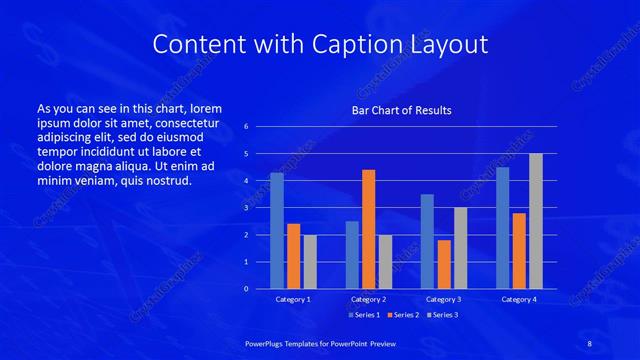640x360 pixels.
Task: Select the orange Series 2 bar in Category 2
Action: [368, 229]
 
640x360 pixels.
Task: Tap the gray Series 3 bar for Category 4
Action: [535, 221]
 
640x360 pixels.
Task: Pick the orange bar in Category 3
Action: [443, 264]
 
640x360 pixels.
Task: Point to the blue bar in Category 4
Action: [502, 228]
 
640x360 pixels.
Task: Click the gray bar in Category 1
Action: [310, 262]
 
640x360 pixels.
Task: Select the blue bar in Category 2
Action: [352, 255]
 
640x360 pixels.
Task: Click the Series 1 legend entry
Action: [363, 315]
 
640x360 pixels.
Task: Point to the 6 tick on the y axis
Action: [246, 127]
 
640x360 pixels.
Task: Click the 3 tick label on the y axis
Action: [246, 208]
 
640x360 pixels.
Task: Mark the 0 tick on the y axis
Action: [246, 289]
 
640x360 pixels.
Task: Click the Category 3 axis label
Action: [443, 299]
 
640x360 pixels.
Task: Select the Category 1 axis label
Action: [293, 299]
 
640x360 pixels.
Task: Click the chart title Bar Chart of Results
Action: [401, 110]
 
